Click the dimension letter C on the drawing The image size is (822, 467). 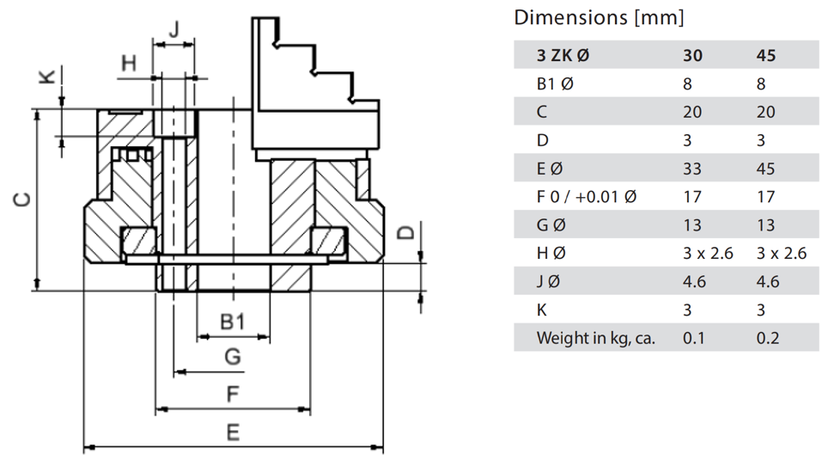pos(23,200)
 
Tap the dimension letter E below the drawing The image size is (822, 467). pos(232,432)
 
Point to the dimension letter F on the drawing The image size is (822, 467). pos(232,395)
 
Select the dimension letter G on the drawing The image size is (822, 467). pos(232,357)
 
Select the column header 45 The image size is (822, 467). pos(766,55)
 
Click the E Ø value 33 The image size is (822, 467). pos(692,169)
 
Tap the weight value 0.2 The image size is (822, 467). pos(767,338)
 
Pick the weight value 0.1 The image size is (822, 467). pos(692,338)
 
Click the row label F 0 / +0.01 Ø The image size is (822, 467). pos(586,197)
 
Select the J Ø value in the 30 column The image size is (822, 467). pos(694,281)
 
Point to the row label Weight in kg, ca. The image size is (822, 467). pos(596,338)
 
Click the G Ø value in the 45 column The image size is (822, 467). pos(766,225)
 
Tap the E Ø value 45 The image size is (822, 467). pos(766,169)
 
